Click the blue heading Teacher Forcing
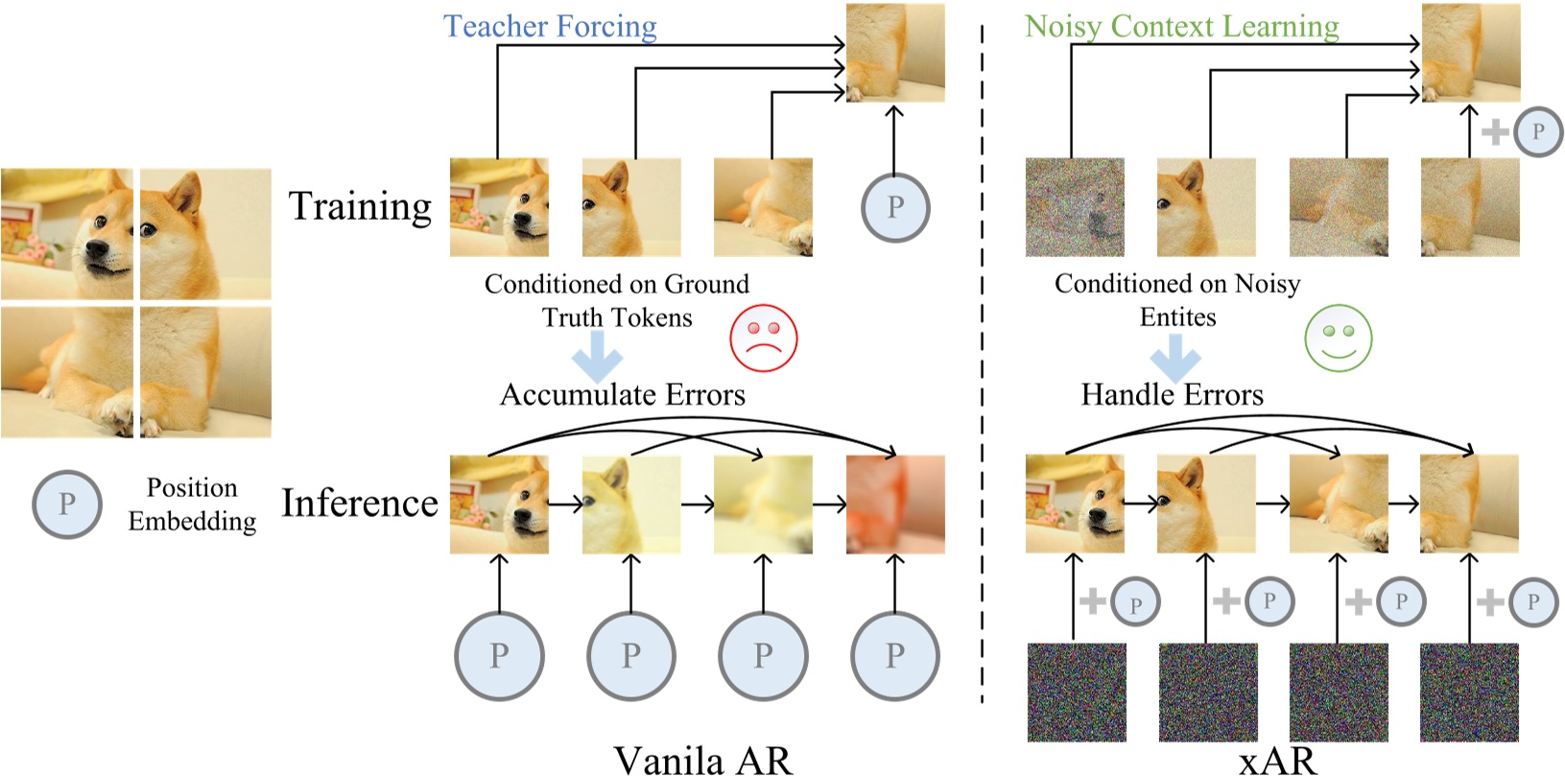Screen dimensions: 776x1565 [550, 26]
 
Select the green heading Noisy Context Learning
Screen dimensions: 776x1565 [1181, 26]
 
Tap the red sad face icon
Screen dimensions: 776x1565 [764, 338]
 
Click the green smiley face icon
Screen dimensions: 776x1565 [1338, 338]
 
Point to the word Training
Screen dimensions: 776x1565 [360, 206]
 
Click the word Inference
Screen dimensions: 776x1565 [360, 503]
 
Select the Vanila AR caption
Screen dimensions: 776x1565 [702, 760]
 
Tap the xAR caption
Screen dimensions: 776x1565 [1277, 760]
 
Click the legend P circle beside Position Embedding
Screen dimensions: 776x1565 [67, 504]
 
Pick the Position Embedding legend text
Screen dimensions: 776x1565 [192, 504]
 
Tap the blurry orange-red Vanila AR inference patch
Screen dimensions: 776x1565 [894, 505]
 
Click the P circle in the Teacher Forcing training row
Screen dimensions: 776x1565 [894, 206]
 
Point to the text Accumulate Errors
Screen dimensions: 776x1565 [622, 394]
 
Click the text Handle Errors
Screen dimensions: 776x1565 [1172, 394]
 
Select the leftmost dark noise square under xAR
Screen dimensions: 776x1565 [1076, 692]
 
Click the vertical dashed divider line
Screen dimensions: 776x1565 [982, 384]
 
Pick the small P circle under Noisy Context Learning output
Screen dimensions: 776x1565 [1538, 131]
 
